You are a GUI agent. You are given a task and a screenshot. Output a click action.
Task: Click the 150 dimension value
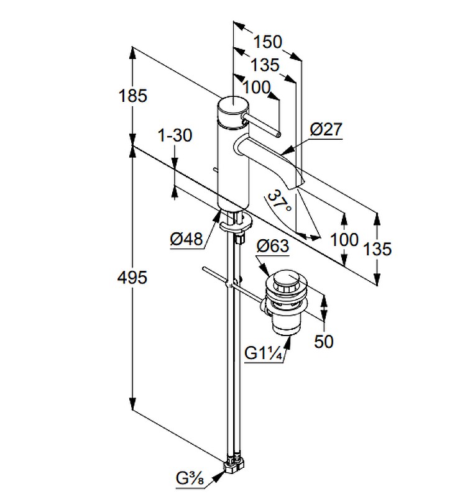[267, 42]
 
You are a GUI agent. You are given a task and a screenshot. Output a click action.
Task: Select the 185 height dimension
[134, 96]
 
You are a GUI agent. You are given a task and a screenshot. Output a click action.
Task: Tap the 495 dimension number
[133, 278]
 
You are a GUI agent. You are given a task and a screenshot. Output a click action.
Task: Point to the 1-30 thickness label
[175, 135]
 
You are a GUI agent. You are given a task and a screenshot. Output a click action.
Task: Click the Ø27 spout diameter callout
[325, 129]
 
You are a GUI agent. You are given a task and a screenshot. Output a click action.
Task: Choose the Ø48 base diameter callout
[187, 239]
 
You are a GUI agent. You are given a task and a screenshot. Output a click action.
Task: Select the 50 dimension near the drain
[324, 341]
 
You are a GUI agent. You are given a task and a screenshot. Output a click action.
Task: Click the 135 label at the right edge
[378, 249]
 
